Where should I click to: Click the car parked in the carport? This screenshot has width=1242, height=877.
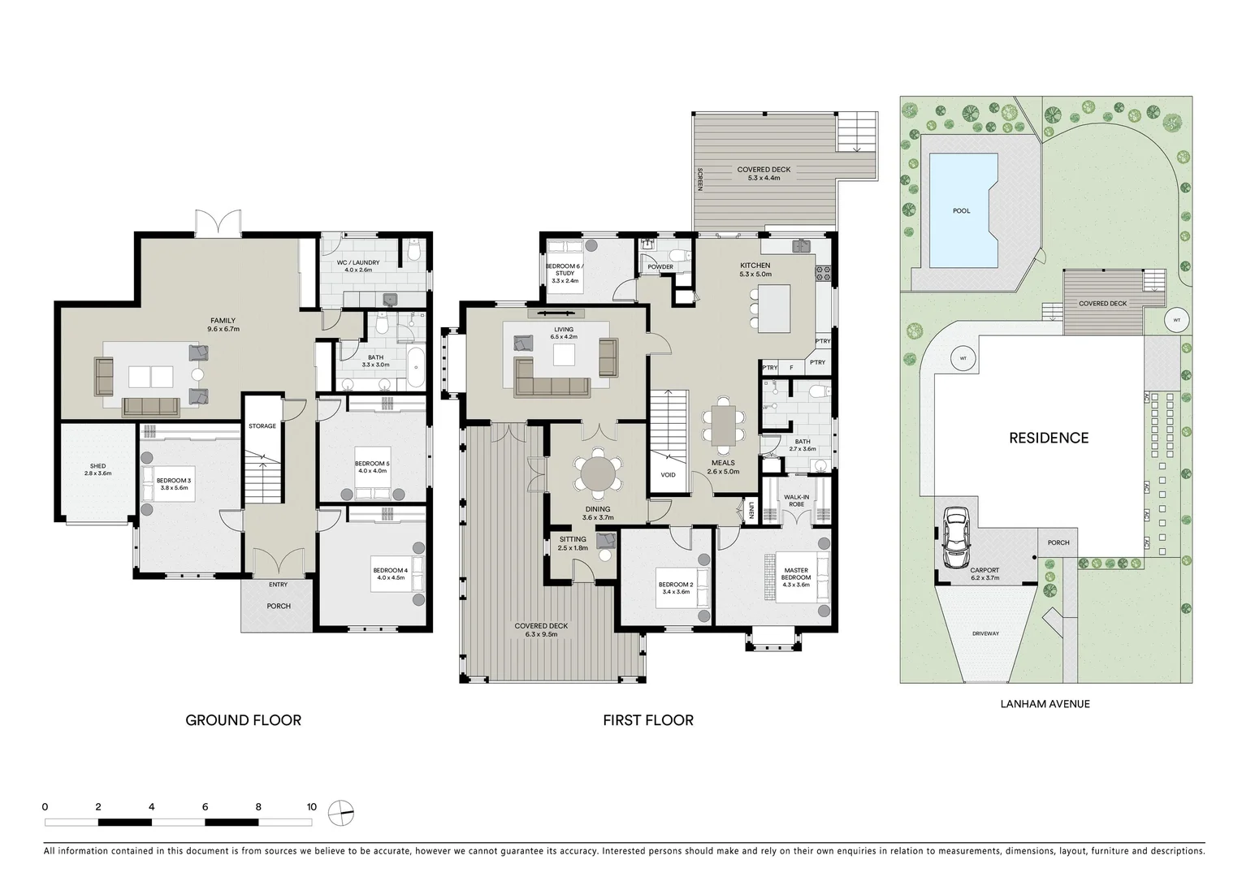coord(956,538)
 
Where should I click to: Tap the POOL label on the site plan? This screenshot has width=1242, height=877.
coord(962,210)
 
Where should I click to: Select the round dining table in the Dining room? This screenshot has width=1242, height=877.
coord(598,474)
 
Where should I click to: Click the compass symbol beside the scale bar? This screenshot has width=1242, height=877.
coord(340,813)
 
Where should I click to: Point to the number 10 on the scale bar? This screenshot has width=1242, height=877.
coord(312,807)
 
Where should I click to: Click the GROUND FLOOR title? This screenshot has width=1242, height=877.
coord(244,720)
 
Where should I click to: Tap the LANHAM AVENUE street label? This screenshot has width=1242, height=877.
coord(1045,704)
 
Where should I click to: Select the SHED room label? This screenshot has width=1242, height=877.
coord(97,466)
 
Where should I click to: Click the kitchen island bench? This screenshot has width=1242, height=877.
coord(774,309)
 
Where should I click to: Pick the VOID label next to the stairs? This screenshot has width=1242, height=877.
coord(669,475)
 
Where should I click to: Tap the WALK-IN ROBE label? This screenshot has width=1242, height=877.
coord(796,500)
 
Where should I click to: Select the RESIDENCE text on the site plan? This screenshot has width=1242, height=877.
coord(1049,438)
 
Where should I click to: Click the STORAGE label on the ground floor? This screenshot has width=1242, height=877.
coord(262,426)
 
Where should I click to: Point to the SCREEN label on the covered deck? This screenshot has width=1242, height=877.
coord(699,179)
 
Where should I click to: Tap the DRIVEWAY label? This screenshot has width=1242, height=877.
coord(985,633)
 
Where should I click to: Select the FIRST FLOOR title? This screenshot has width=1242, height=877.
coord(648,720)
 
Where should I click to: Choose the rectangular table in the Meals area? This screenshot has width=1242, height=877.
coord(724,426)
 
